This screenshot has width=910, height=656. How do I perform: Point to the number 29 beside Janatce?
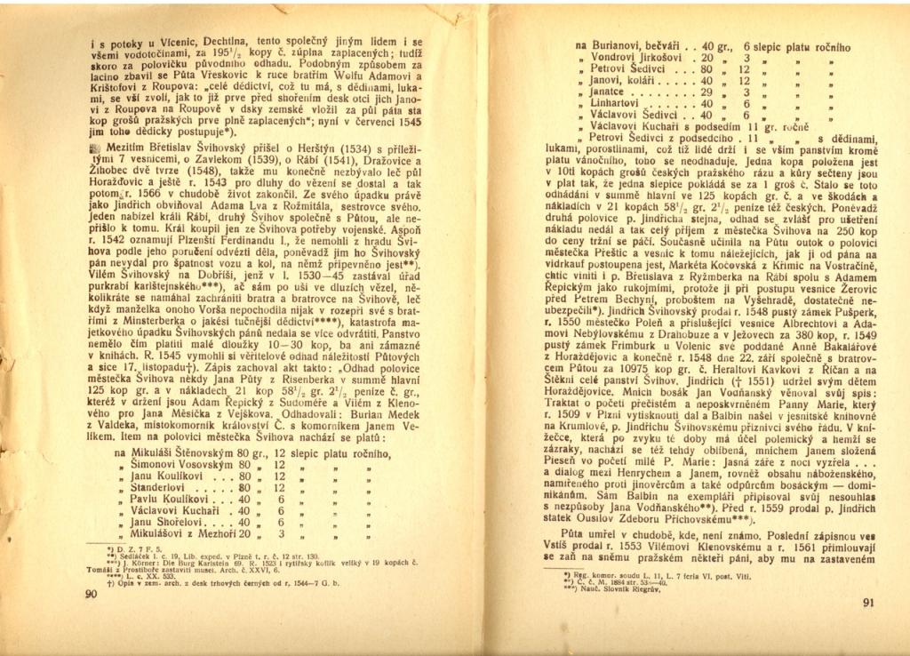pos(707,91)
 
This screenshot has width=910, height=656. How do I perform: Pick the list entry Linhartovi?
pos(614,102)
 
